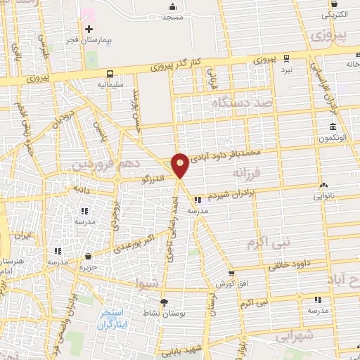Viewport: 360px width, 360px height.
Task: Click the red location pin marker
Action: [x=180, y=165]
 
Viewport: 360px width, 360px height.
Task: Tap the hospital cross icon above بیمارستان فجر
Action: [x=89, y=29]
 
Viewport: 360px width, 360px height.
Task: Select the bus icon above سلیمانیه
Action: [x=110, y=74]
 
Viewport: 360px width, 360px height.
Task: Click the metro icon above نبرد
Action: [x=285, y=59]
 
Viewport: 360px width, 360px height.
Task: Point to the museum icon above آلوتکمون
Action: [x=331, y=127]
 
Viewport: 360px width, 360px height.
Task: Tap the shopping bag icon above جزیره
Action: [x=87, y=257]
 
